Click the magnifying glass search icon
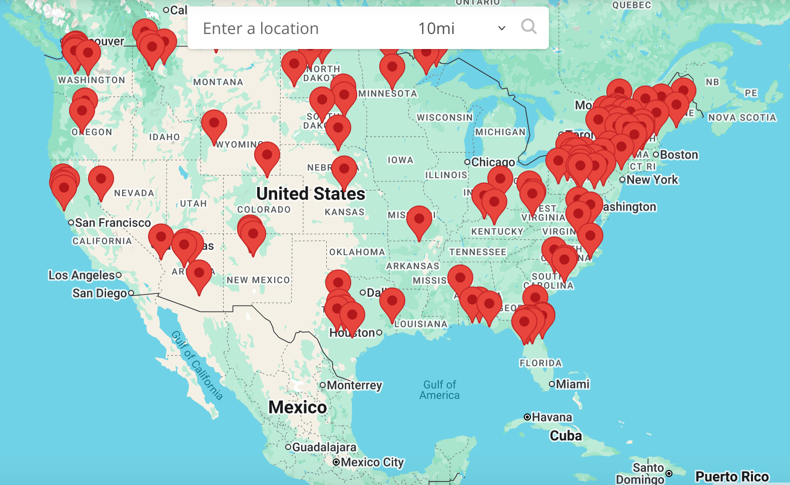click(528, 26)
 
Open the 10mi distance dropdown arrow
click(501, 28)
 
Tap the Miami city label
click(572, 384)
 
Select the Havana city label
click(551, 417)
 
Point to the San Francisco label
click(113, 222)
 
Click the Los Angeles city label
click(82, 275)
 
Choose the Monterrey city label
click(354, 385)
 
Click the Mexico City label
click(372, 462)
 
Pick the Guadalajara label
click(324, 447)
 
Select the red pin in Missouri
click(419, 219)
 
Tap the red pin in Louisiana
click(392, 301)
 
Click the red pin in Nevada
click(101, 179)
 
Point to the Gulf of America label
click(439, 390)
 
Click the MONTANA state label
click(218, 82)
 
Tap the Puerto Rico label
click(732, 476)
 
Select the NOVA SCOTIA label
click(742, 117)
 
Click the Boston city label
click(678, 154)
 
